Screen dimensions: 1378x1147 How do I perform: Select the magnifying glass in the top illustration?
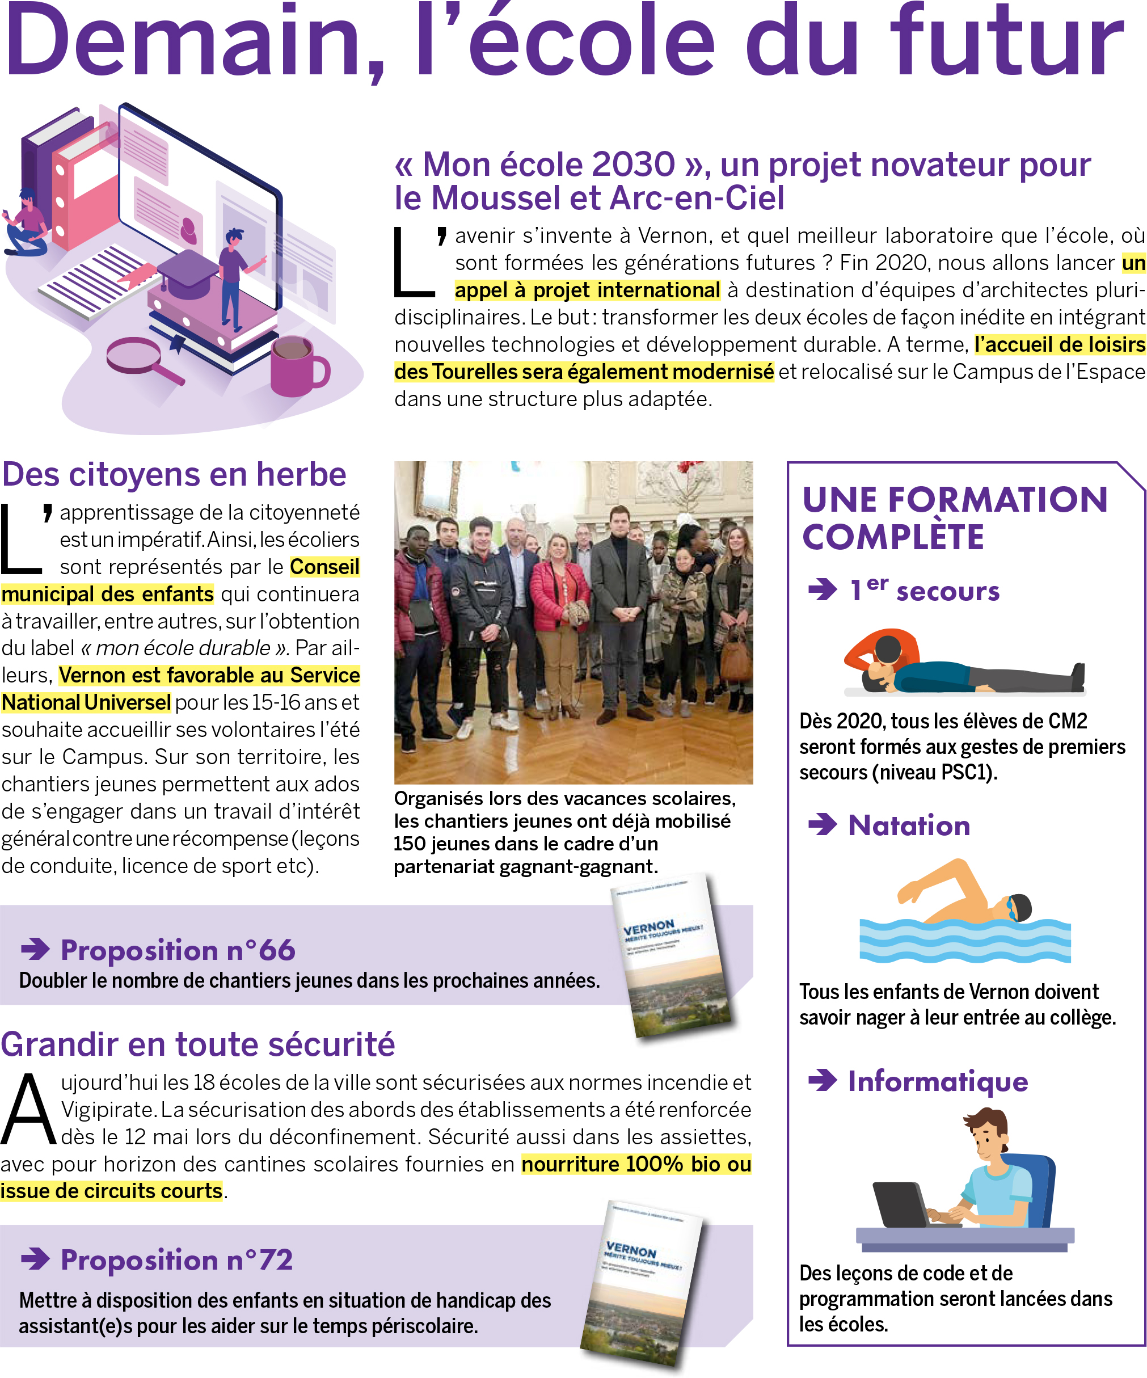(138, 357)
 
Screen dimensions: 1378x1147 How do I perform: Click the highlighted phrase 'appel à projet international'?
(587, 290)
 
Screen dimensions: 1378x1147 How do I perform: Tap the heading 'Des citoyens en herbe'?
(174, 474)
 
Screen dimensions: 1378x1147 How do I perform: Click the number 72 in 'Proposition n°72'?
(276, 1259)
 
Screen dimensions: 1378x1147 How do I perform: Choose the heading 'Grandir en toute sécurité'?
(197, 1044)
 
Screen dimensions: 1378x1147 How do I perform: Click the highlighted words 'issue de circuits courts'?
(112, 1191)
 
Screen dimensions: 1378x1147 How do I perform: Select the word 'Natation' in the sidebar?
(909, 825)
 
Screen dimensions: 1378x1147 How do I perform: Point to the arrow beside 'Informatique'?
(822, 1080)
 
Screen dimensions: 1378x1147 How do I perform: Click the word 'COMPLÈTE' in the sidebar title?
(893, 537)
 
